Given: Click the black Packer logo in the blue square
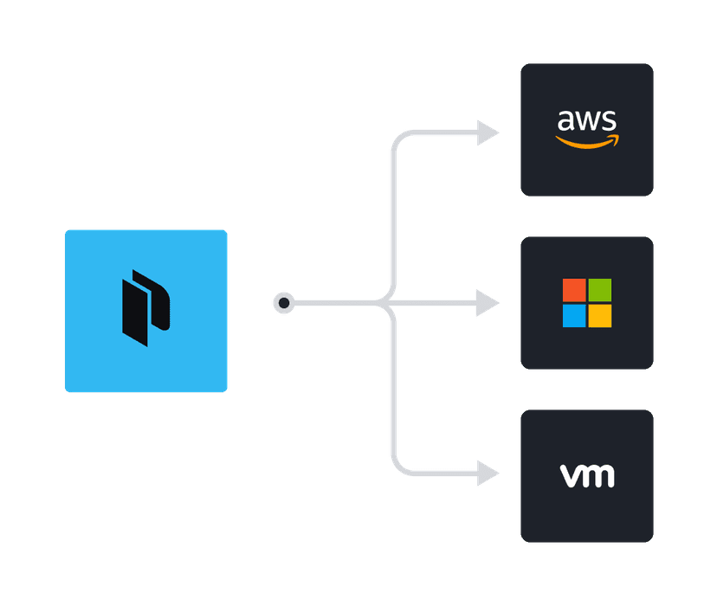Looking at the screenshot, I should [x=145, y=308].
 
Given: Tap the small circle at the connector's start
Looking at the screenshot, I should [x=283, y=303].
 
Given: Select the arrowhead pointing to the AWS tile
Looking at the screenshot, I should [x=488, y=133].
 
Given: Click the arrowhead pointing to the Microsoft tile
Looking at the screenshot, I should [x=488, y=303].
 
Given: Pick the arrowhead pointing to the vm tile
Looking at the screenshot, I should [x=488, y=474].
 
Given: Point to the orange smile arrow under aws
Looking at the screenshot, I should [x=588, y=141].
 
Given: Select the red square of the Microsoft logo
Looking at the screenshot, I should [x=574, y=290].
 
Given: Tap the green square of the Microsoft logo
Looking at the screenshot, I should [x=599, y=290].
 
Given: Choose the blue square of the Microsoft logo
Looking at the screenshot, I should [x=574, y=316].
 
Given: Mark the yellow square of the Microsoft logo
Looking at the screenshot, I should [x=599, y=316].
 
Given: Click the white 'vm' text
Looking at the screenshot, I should [x=587, y=475].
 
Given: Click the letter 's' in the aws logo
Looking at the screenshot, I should [x=611, y=121].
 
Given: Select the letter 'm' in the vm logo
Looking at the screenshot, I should [x=598, y=476].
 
